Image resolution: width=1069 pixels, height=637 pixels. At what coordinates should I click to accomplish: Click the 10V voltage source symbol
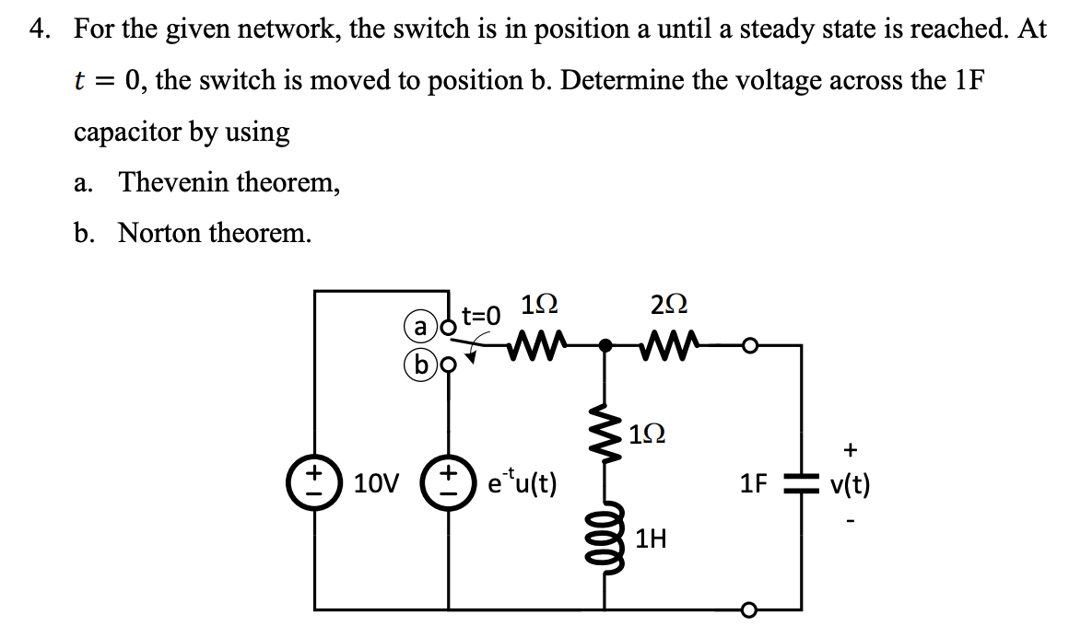(315, 482)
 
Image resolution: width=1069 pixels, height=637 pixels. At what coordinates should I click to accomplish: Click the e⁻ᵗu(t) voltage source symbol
(449, 482)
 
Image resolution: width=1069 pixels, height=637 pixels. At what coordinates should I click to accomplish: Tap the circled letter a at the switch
(420, 326)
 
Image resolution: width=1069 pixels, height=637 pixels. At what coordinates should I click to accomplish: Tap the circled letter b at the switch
(420, 364)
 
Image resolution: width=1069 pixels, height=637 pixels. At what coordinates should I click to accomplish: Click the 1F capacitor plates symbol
(802, 482)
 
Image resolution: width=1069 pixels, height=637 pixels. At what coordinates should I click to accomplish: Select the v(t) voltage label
(850, 483)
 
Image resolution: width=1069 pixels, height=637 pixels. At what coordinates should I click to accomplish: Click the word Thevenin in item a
(176, 181)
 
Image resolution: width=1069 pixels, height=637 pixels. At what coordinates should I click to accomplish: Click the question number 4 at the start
(38, 29)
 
